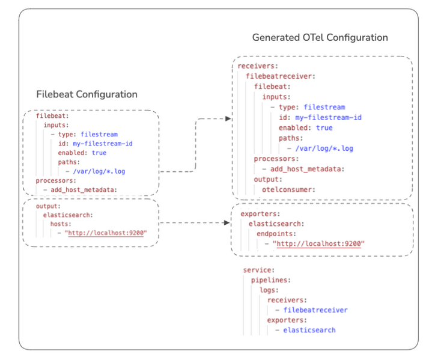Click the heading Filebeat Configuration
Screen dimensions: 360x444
pyautogui.click(x=87, y=94)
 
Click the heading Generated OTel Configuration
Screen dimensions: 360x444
pyautogui.click(x=320, y=37)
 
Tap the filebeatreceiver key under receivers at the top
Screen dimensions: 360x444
pyautogui.click(x=280, y=76)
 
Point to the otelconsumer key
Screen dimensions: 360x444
pyautogui.click(x=288, y=190)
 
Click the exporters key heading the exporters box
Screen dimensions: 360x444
pyautogui.click(x=259, y=213)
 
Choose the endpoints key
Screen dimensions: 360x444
pyautogui.click(x=277, y=234)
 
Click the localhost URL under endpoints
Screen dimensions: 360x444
pyautogui.click(x=319, y=244)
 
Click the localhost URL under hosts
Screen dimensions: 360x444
pyautogui.click(x=107, y=233)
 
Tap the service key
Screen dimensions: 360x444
pyautogui.click(x=259, y=270)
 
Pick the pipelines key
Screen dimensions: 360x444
pyautogui.click(x=271, y=280)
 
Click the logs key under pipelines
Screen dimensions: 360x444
pyautogui.click(x=269, y=290)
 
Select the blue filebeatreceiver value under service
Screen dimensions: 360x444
pyautogui.click(x=315, y=310)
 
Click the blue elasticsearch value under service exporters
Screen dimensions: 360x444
pyautogui.click(x=309, y=330)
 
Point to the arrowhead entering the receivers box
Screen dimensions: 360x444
pyautogui.click(x=228, y=119)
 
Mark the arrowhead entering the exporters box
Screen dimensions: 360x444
pyautogui.click(x=227, y=223)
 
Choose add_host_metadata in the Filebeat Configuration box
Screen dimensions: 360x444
pyautogui.click(x=83, y=190)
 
